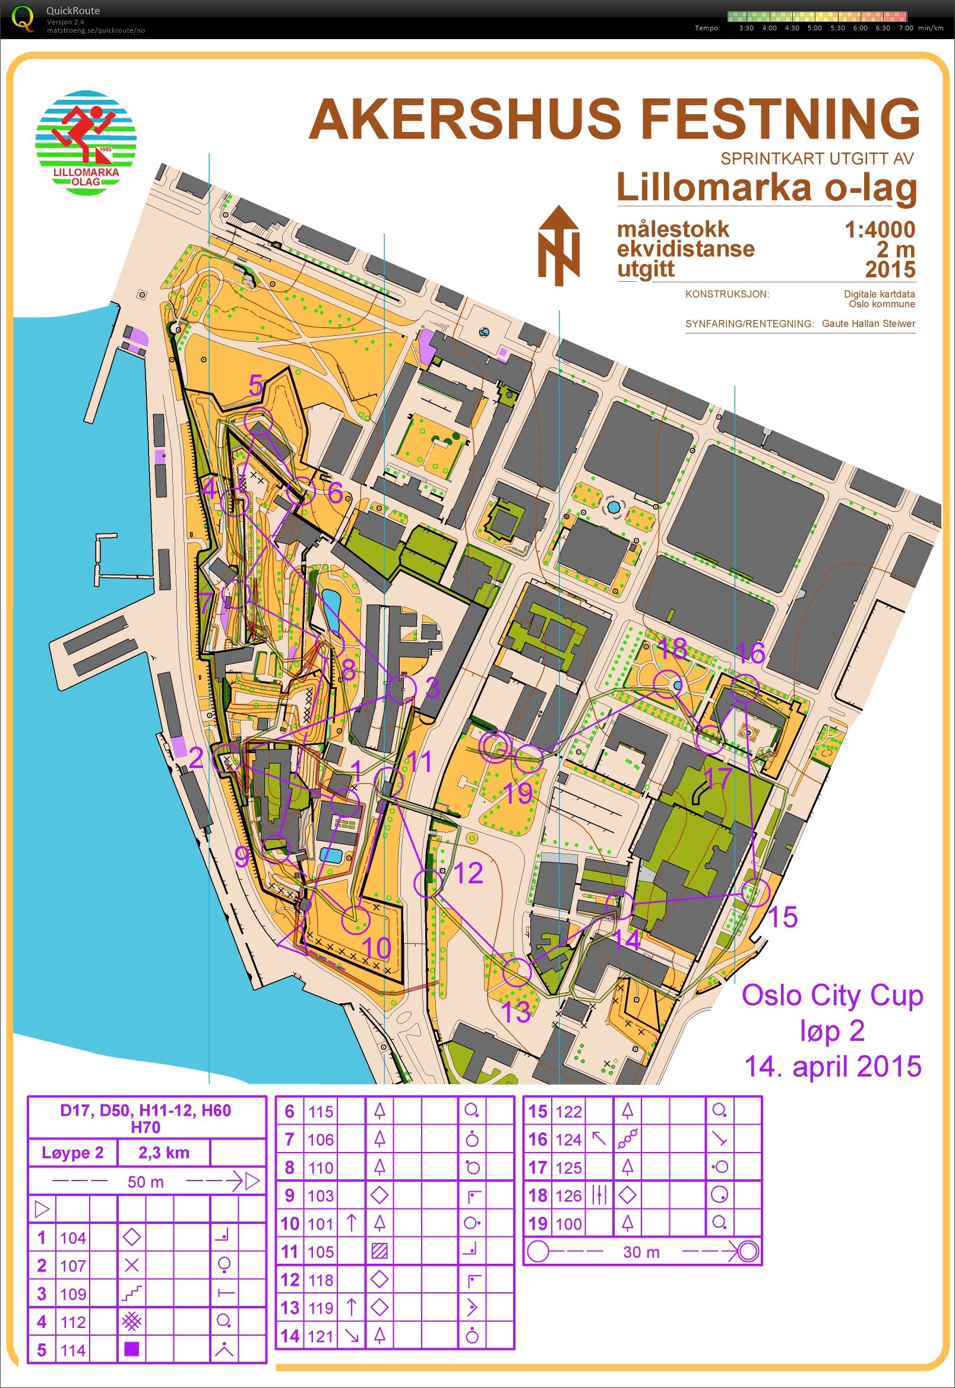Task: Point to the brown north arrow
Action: point(558,245)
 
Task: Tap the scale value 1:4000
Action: point(879,229)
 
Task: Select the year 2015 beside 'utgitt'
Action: point(890,269)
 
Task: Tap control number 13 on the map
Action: point(514,1012)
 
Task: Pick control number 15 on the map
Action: point(783,917)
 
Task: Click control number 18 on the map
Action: point(671,648)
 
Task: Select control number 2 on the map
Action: point(196,758)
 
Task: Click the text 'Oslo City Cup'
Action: point(831,995)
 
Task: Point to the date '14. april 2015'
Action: point(831,1066)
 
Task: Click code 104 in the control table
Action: point(73,1238)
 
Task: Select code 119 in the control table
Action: point(320,1308)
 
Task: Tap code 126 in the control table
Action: point(568,1196)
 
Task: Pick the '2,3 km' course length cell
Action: point(163,1153)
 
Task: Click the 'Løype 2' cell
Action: point(72,1153)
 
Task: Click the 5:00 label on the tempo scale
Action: point(814,28)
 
